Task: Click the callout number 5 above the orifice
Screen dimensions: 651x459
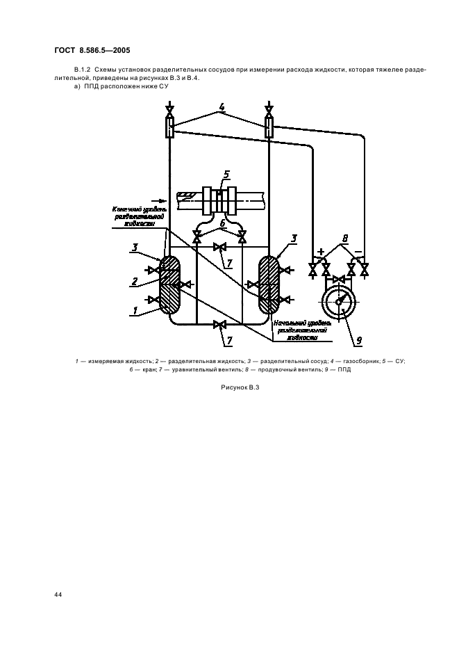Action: [x=226, y=174]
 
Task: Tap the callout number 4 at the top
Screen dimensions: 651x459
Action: [x=222, y=108]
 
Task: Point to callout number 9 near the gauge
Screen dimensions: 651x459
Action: [x=359, y=341]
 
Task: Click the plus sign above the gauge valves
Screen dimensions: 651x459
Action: [x=322, y=251]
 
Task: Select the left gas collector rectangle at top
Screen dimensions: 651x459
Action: [x=170, y=127]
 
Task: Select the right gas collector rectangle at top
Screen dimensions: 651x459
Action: [x=269, y=127]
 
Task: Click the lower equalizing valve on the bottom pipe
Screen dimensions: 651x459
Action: [x=220, y=325]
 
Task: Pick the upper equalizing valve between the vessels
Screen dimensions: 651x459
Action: [x=220, y=247]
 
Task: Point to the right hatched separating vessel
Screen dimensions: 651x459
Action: [x=269, y=286]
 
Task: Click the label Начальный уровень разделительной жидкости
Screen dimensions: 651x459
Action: [x=299, y=330]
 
